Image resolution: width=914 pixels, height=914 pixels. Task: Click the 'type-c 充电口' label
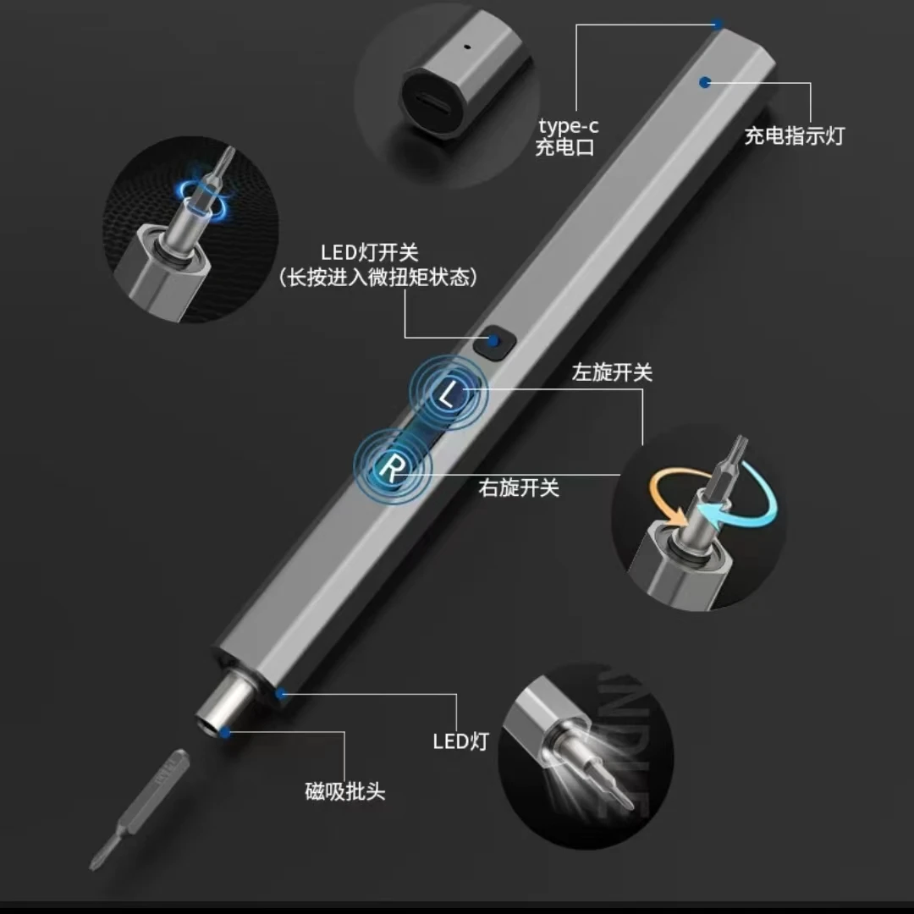pos(568,136)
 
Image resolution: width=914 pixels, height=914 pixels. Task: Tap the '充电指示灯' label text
pos(794,135)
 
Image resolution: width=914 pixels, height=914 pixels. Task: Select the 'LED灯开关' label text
pos(369,251)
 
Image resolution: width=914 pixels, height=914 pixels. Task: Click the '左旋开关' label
pos(612,372)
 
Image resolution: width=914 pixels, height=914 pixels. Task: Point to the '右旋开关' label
pos(519,487)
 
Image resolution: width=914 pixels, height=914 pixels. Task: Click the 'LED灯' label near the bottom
pos(461,741)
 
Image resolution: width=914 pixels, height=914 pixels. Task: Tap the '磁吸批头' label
pos(345,791)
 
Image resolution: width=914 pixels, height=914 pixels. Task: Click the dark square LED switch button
pos(494,342)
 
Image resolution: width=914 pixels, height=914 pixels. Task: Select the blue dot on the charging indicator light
pos(704,81)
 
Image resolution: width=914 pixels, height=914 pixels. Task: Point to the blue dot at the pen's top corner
pos(718,25)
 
